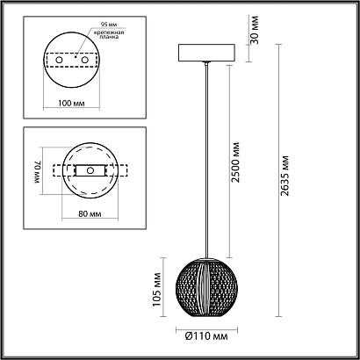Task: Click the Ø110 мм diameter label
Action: click(x=209, y=335)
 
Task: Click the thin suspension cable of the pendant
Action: click(x=208, y=158)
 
